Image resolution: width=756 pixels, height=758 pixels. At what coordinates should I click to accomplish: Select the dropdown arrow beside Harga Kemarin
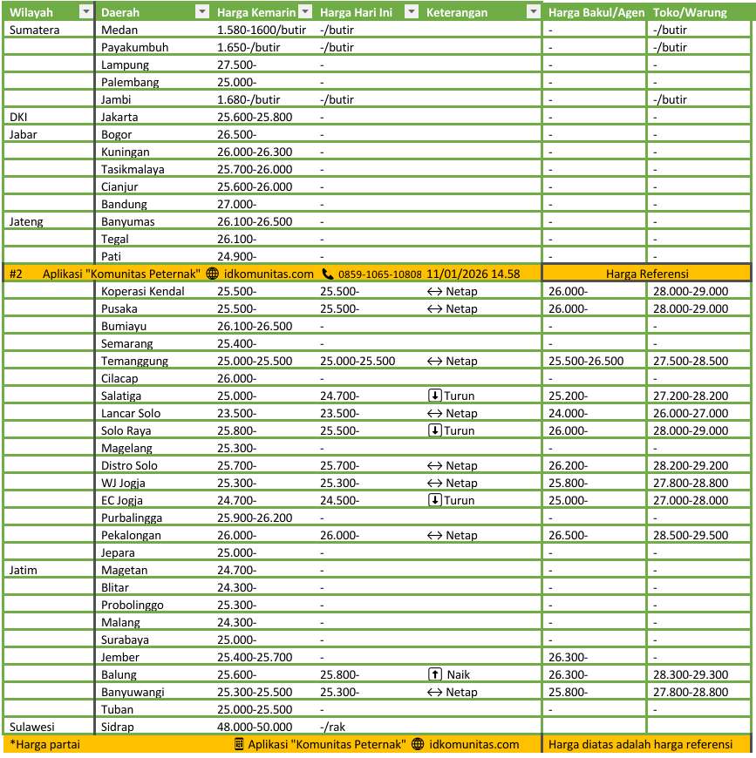coord(305,12)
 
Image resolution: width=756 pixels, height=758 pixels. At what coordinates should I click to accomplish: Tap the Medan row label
coord(118,30)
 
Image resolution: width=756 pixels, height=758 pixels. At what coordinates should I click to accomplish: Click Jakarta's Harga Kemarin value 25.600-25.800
coord(255,117)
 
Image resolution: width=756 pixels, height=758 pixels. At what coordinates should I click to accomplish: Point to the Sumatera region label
coord(34,30)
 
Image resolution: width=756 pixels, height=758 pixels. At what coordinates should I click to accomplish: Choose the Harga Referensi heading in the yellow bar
coord(647,274)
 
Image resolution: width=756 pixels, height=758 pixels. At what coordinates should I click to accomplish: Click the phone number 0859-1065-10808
coord(379,274)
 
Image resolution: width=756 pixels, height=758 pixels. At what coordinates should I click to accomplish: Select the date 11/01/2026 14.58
coord(473,274)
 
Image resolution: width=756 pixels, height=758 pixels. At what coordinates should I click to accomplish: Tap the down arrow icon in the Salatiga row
coord(434,396)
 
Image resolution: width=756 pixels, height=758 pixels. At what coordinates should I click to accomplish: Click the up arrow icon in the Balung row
coord(434,674)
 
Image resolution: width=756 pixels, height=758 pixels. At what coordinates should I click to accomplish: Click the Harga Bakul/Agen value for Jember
coord(568,657)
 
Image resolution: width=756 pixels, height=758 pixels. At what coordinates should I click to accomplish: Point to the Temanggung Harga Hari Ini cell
coord(358,361)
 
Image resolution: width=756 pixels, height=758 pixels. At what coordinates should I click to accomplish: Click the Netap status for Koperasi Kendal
coord(461,291)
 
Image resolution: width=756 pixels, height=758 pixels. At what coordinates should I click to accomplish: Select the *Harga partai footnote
coord(38,744)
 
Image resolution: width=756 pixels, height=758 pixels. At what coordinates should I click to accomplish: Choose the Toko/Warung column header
coord(690,12)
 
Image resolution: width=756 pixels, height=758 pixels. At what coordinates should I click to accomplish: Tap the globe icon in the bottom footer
coord(418,744)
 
